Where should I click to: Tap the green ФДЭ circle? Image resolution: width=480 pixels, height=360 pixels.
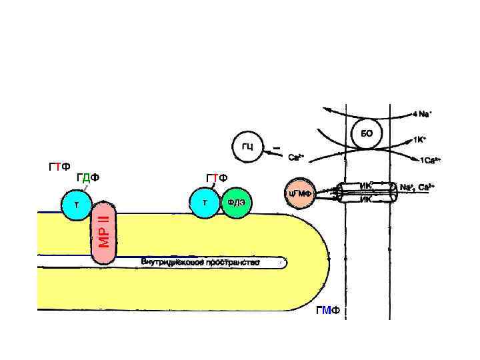237,203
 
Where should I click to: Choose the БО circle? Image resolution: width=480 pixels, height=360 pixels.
366,133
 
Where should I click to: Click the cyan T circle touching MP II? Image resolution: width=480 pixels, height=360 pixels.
77,205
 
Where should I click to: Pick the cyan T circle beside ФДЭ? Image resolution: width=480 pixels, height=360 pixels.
205,203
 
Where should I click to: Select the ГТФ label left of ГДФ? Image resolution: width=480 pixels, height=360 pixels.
60,167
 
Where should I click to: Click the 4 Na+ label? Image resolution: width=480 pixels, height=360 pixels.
422,114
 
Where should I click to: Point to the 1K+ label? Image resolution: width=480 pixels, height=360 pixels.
420,140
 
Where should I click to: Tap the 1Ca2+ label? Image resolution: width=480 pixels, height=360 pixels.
430,161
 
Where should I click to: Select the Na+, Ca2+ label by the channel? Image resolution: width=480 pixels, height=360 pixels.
418,187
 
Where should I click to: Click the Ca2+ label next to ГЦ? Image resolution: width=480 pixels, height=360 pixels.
296,158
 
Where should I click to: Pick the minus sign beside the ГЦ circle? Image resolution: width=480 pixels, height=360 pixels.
276,148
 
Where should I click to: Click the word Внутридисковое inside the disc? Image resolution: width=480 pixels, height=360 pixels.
170,262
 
